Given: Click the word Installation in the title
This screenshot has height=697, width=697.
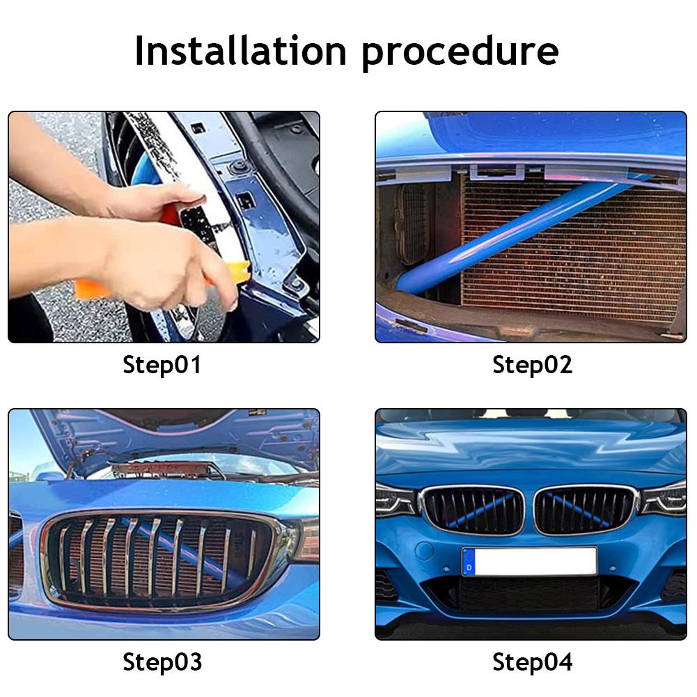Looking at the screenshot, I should click(x=240, y=51).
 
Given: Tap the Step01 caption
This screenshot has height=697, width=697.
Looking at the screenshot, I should click(x=162, y=365).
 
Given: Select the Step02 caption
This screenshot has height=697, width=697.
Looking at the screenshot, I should click(x=532, y=365).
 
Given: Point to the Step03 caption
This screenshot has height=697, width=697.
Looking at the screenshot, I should click(x=162, y=661).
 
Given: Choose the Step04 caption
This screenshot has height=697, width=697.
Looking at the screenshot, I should click(x=532, y=661).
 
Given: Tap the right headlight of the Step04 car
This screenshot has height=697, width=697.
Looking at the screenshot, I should click(x=664, y=499).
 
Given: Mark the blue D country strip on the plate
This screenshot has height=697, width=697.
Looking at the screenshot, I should click(x=469, y=562).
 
